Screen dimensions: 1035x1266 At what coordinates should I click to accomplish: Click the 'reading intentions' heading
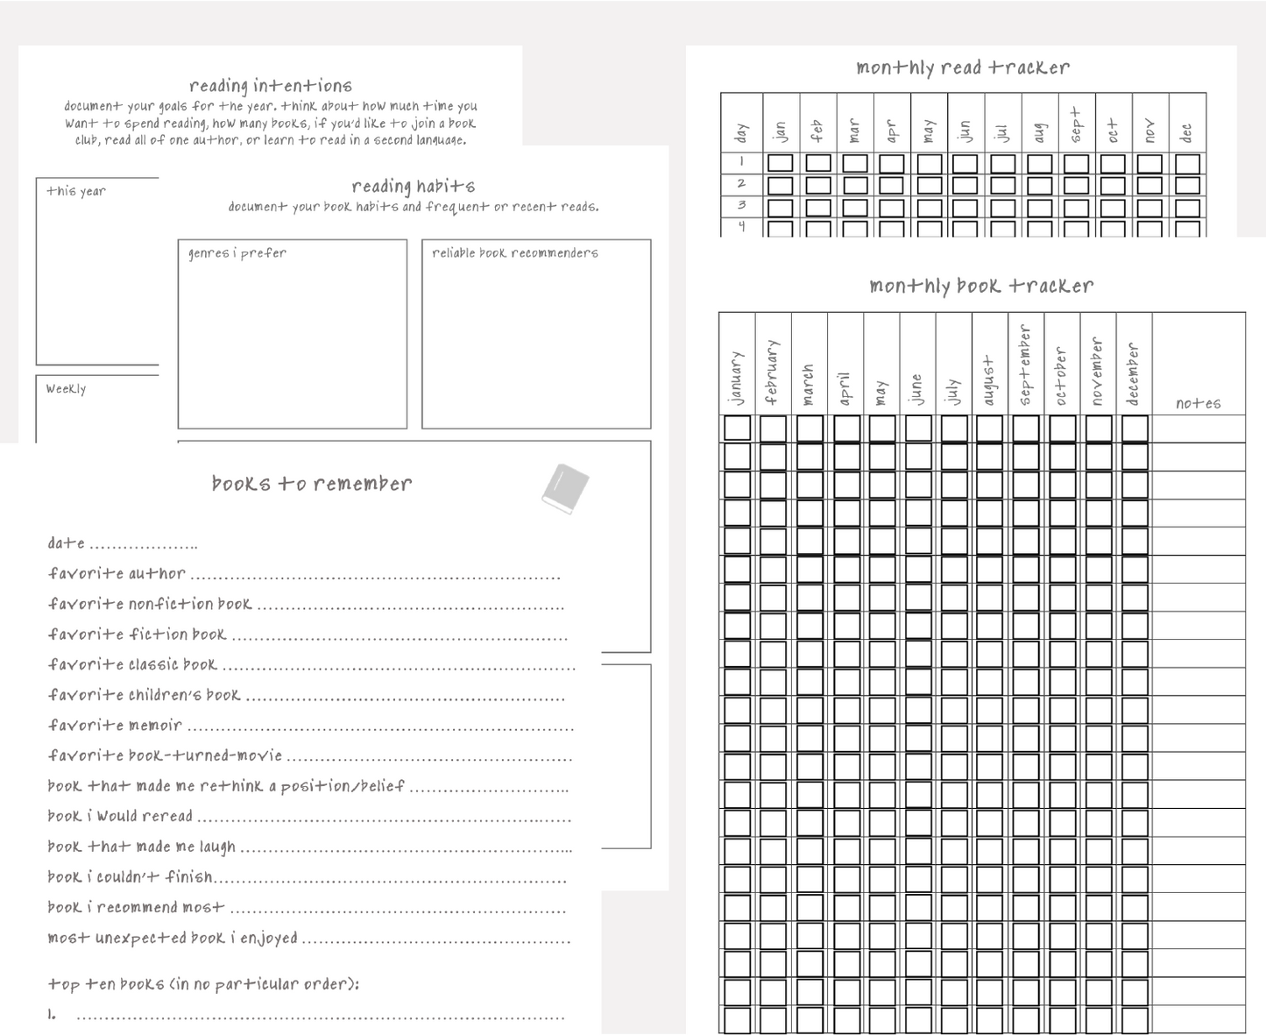coord(271,86)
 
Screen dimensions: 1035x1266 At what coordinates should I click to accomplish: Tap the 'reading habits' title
coord(414,186)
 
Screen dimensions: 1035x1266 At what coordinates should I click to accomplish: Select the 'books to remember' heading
coord(312,484)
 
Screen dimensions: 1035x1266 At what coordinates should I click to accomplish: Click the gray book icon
coord(565,488)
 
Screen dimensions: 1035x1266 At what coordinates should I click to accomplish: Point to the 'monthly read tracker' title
coord(963,67)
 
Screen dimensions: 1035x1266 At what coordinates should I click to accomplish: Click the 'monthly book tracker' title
coord(981,286)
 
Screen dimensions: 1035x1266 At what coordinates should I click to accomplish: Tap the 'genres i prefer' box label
coord(237,253)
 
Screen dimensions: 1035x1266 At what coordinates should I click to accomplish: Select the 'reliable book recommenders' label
coord(515,253)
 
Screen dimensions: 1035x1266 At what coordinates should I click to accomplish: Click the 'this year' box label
coord(76,191)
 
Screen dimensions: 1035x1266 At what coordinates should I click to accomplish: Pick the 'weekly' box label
coord(67,389)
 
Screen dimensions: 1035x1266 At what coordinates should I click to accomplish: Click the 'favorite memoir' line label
coord(115,726)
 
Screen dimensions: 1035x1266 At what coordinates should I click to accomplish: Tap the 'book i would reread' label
coord(120,816)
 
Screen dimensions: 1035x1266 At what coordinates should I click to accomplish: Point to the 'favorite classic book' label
coord(132,664)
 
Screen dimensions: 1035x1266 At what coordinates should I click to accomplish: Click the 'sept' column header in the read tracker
coord(1076,125)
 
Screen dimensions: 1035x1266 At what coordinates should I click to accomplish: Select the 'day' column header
coord(741,132)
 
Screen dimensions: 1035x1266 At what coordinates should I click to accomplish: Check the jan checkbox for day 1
coord(780,163)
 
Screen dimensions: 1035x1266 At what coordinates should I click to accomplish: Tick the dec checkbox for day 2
coord(1187,185)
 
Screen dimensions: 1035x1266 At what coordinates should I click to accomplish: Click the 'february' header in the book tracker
coord(772,372)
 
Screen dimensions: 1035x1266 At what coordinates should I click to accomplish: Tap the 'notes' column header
coord(1198,403)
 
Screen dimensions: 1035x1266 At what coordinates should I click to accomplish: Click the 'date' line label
coord(67,543)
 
